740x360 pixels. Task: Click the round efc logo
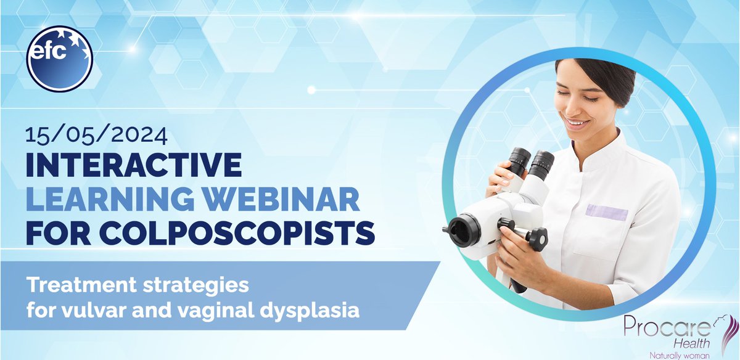(60, 59)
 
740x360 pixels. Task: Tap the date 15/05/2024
(88, 134)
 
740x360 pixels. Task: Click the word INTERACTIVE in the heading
(133, 165)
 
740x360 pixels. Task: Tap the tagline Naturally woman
(679, 354)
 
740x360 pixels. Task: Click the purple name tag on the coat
(606, 213)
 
